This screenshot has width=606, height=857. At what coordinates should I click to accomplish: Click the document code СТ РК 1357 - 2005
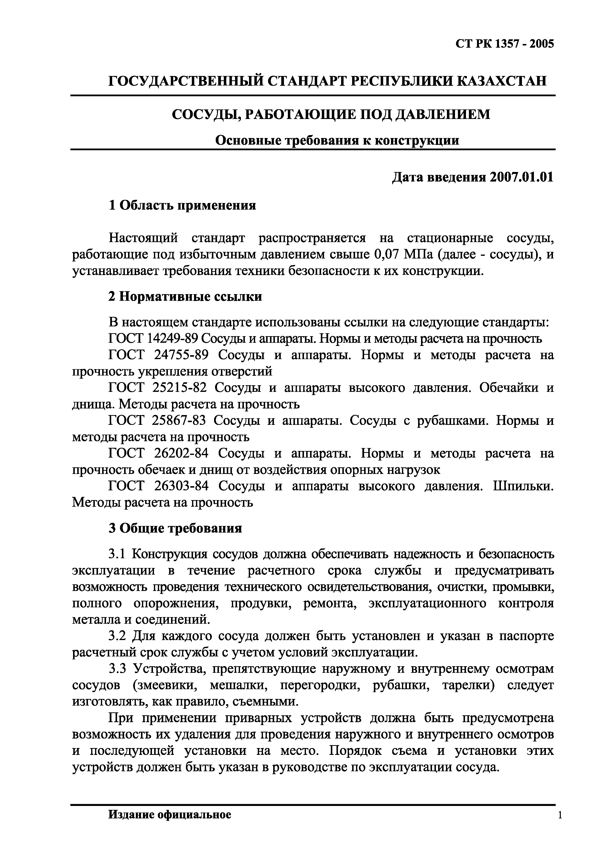point(504,44)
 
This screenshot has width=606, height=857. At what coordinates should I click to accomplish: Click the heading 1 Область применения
point(182,205)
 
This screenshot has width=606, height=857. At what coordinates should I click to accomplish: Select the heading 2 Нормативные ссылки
point(185,297)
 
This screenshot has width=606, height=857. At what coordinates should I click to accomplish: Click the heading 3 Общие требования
point(175,528)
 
